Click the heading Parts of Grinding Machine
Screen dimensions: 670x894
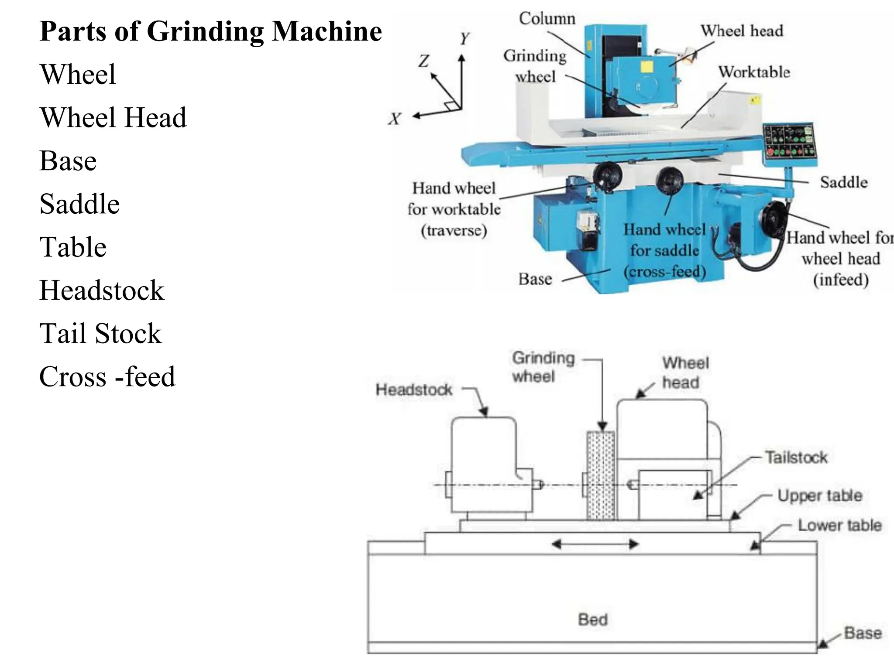(x=210, y=31)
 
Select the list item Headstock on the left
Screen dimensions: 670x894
(x=102, y=291)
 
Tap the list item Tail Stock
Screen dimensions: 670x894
(x=100, y=334)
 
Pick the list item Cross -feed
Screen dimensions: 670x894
(x=107, y=376)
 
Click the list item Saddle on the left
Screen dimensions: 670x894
(x=79, y=204)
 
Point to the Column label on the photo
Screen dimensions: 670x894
(x=547, y=19)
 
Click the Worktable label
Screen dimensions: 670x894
(x=754, y=72)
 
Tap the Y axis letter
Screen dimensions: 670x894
(x=464, y=39)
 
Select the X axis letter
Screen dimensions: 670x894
(x=394, y=119)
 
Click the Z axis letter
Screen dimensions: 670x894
(x=423, y=61)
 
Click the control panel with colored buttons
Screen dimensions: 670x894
(x=789, y=141)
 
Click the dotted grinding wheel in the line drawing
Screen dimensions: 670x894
(x=601, y=475)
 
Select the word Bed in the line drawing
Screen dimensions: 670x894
(x=592, y=619)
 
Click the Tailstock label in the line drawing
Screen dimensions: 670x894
(x=796, y=458)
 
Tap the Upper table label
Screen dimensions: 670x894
(x=819, y=496)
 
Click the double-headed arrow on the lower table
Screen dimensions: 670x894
(x=595, y=544)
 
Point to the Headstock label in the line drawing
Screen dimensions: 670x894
(x=414, y=390)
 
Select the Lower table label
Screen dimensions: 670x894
(x=839, y=525)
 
